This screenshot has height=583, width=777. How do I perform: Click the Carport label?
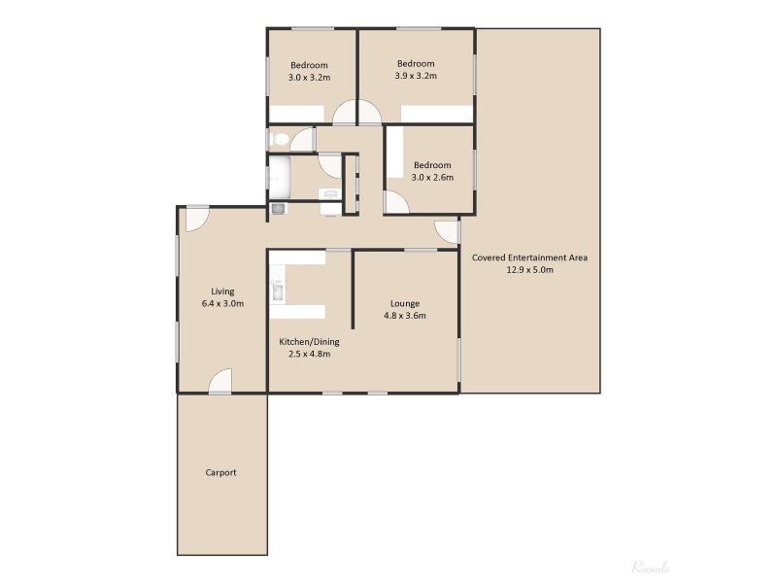(x=220, y=473)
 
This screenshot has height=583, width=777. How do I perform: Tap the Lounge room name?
(x=405, y=303)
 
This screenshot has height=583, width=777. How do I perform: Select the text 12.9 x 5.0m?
(x=529, y=270)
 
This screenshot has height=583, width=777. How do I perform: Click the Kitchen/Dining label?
(x=309, y=342)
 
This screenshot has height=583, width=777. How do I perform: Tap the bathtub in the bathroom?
(x=280, y=178)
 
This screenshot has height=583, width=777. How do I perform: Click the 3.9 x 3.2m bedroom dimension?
(x=416, y=76)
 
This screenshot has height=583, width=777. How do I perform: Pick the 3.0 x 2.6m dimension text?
(x=431, y=177)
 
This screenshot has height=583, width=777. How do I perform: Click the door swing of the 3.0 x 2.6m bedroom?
(x=397, y=203)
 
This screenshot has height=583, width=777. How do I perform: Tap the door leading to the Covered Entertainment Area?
(x=447, y=231)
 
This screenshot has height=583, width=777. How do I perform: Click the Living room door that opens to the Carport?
(x=220, y=382)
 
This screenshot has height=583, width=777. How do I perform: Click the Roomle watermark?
(x=652, y=566)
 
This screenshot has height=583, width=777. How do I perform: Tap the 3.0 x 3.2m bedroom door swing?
(x=345, y=115)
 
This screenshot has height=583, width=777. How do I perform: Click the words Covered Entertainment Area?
(x=529, y=257)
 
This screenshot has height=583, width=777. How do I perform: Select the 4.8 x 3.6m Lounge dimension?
(x=405, y=316)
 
